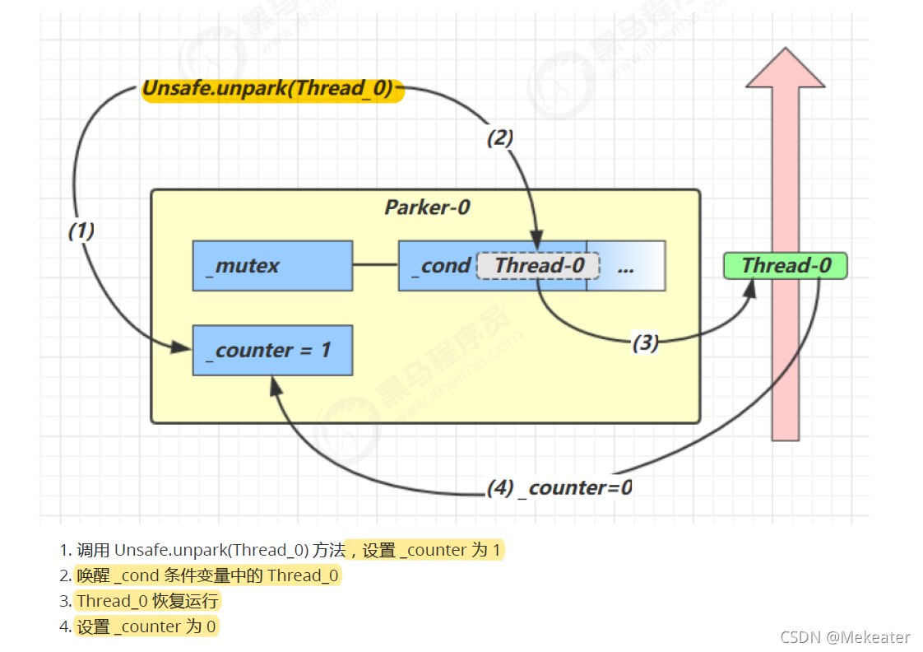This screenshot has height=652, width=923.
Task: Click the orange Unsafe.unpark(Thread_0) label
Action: click(x=272, y=90)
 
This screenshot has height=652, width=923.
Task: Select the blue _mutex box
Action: click(x=272, y=266)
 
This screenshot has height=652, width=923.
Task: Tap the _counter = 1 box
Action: click(x=272, y=350)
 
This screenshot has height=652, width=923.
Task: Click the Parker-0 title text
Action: click(x=427, y=207)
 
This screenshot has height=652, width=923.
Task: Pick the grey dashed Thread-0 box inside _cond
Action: click(x=538, y=266)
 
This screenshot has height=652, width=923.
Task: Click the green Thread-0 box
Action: click(x=785, y=266)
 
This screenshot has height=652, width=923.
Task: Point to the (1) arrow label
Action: click(x=81, y=231)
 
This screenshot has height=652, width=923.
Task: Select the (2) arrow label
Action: click(x=499, y=138)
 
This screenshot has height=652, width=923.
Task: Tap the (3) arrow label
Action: click(x=645, y=343)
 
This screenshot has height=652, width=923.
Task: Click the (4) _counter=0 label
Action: click(x=559, y=488)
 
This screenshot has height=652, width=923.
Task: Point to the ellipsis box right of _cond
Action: click(x=626, y=266)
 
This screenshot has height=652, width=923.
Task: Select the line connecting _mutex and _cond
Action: click(x=375, y=265)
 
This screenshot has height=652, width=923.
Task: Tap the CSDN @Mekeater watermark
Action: click(x=845, y=637)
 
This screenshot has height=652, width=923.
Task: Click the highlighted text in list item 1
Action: click(x=424, y=551)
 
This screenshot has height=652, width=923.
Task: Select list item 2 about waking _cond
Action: click(x=207, y=576)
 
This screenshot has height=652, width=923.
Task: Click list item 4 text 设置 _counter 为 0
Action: click(x=146, y=626)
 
